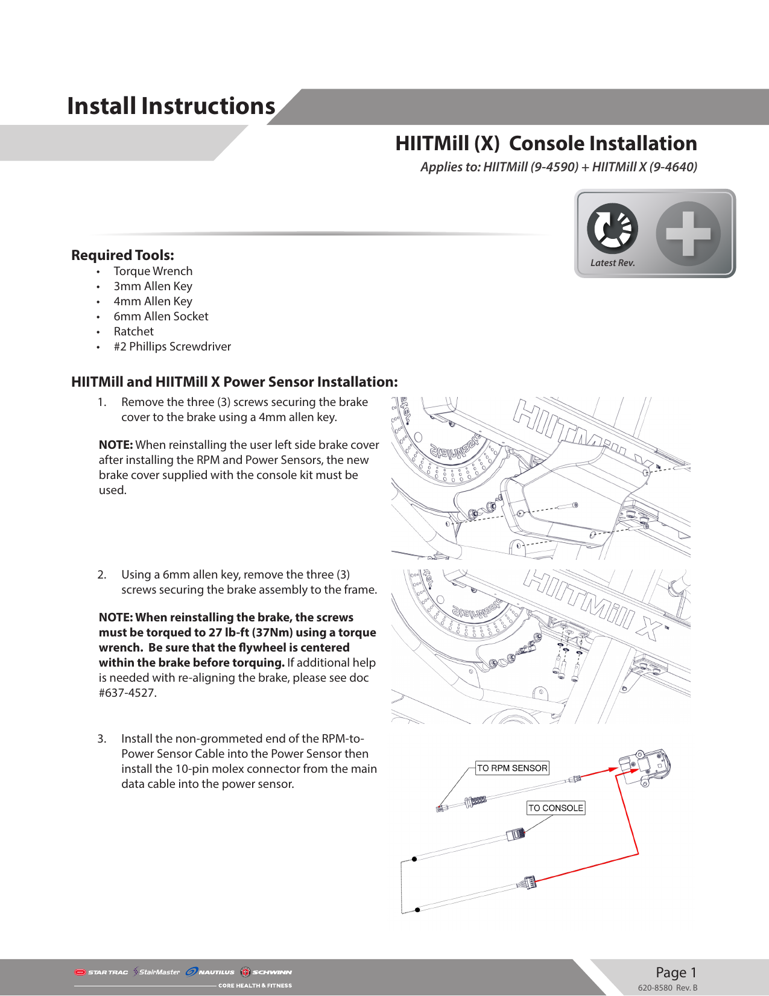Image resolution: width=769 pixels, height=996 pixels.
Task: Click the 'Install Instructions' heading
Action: tap(171, 106)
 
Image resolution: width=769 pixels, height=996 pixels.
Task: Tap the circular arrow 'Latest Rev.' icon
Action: tap(612, 229)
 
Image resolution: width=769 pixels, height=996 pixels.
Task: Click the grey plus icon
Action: tap(688, 233)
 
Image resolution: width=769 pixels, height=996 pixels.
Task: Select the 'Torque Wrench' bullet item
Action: tap(153, 271)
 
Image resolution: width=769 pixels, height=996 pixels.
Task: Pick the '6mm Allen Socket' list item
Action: tap(161, 317)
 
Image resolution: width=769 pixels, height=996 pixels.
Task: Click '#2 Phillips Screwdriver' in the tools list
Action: tap(172, 347)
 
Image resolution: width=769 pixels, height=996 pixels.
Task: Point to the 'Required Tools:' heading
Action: tap(122, 255)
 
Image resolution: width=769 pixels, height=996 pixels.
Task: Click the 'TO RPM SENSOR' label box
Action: tap(512, 768)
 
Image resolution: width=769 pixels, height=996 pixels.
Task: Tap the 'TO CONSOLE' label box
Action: tap(555, 808)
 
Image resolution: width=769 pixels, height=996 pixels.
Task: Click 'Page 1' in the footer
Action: tap(676, 972)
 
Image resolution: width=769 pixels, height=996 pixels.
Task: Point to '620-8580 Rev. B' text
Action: tap(667, 988)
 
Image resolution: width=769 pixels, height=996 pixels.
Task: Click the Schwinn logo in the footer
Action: tap(266, 972)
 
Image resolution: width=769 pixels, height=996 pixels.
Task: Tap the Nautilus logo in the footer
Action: tap(210, 972)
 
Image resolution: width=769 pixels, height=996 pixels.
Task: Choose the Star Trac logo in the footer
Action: tap(101, 972)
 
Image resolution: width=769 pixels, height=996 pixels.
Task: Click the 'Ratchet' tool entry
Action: tap(134, 332)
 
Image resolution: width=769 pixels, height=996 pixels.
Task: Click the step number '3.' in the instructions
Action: tap(102, 739)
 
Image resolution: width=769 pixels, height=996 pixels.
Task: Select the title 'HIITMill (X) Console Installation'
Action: tap(546, 144)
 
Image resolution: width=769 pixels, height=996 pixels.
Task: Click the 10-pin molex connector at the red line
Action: tap(527, 883)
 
